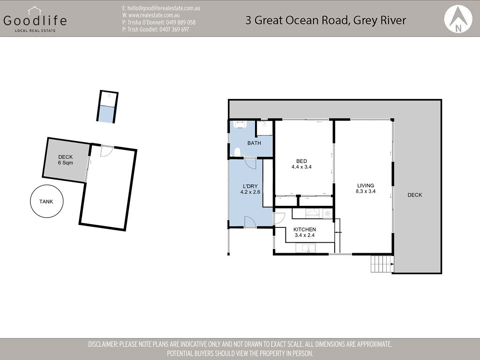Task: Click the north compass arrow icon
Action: (x=458, y=19)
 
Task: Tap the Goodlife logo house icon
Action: (x=34, y=11)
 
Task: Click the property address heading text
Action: (x=325, y=20)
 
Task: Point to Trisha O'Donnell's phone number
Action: (x=180, y=22)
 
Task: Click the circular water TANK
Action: (x=46, y=201)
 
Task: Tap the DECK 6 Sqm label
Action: (x=66, y=160)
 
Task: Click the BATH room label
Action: (x=254, y=143)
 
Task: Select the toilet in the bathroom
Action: (x=237, y=152)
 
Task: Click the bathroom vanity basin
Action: (x=240, y=124)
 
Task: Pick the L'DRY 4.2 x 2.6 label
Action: (x=250, y=189)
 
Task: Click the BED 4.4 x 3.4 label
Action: (x=301, y=164)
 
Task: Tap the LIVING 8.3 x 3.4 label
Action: (x=366, y=188)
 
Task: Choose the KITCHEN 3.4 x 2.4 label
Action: (x=305, y=232)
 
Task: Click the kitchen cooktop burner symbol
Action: (x=327, y=213)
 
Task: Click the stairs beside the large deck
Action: (x=382, y=263)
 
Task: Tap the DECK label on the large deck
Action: (x=415, y=195)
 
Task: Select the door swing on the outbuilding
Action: (x=107, y=151)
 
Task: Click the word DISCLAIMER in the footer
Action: (x=103, y=344)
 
